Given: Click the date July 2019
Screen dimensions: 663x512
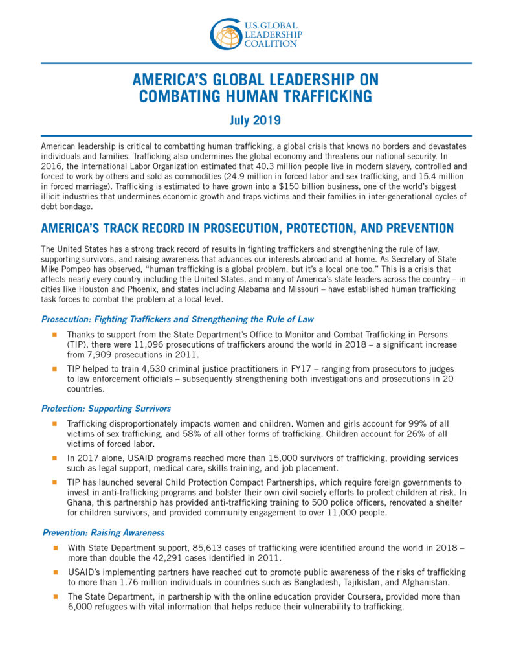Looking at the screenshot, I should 256,120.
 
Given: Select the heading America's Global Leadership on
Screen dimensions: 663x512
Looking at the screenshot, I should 256,80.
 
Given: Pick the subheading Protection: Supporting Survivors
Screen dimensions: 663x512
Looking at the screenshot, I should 106,409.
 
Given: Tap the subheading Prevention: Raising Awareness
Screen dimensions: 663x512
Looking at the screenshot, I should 103,533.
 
